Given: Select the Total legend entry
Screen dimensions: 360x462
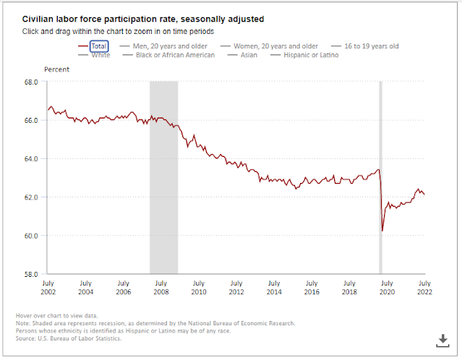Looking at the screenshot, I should pyautogui.click(x=99, y=46).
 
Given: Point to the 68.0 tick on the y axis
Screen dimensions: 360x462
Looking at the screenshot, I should pyautogui.click(x=30, y=82).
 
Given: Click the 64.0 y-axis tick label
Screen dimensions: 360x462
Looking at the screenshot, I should pyautogui.click(x=30, y=158).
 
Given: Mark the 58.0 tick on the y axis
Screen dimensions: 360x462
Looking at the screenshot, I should pyautogui.click(x=30, y=274).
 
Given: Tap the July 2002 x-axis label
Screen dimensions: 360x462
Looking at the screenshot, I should pyautogui.click(x=48, y=287).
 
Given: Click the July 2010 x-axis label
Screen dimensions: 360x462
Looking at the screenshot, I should pyautogui.click(x=198, y=287).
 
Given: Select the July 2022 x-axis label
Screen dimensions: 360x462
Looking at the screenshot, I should pyautogui.click(x=424, y=287).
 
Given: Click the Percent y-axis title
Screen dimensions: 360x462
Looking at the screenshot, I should pyautogui.click(x=57, y=69).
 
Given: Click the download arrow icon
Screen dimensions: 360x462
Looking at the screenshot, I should pyautogui.click(x=442, y=339).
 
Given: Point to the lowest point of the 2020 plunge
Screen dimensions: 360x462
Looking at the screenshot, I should pyautogui.click(x=382, y=231).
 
